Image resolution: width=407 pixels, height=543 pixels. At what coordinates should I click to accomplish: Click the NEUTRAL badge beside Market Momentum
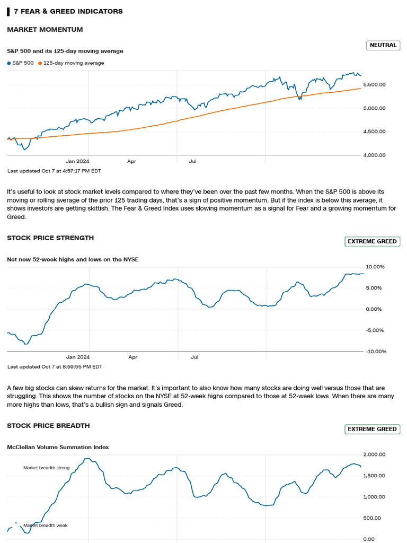(383, 45)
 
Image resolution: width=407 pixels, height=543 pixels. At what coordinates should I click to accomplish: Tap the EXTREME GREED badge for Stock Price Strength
(372, 241)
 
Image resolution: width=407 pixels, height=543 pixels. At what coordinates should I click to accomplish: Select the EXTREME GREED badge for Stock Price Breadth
(372, 429)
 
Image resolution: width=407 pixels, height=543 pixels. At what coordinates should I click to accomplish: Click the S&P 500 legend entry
(20, 63)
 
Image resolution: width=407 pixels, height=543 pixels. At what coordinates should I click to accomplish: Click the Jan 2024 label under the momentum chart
(77, 161)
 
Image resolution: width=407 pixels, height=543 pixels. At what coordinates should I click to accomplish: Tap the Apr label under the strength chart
(132, 357)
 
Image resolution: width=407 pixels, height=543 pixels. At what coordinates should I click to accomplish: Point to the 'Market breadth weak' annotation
(46, 526)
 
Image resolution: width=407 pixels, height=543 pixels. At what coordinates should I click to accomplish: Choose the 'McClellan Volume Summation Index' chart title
(58, 447)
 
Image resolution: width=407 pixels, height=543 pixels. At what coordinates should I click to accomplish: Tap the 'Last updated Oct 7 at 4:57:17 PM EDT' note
(54, 171)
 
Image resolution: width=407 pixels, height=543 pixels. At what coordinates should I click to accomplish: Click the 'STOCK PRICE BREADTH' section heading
(48, 425)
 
